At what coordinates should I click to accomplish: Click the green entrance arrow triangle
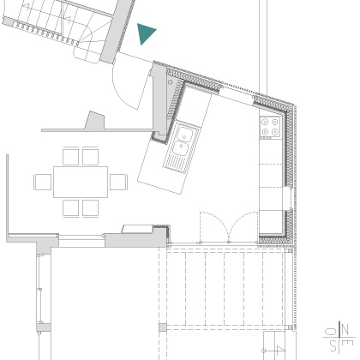pyautogui.click(x=145, y=33)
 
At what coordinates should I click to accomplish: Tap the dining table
pyautogui.click(x=81, y=182)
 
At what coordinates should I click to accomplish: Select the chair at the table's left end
pyautogui.click(x=43, y=182)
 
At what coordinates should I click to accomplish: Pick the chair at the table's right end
pyautogui.click(x=118, y=182)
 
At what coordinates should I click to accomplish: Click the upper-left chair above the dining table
pyautogui.click(x=70, y=157)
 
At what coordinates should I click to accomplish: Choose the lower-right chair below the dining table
pyautogui.click(x=91, y=208)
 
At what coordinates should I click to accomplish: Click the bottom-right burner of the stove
pyautogui.click(x=275, y=132)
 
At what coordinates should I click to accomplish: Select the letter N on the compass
pyautogui.click(x=345, y=329)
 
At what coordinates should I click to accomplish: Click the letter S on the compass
pyautogui.click(x=333, y=346)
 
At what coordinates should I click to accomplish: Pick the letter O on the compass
pyautogui.click(x=331, y=332)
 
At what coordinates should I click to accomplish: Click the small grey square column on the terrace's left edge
pyautogui.click(x=163, y=327)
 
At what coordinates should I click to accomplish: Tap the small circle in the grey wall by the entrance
pyautogui.click(x=171, y=82)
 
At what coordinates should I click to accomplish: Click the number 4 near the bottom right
pyautogui.click(x=279, y=351)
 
